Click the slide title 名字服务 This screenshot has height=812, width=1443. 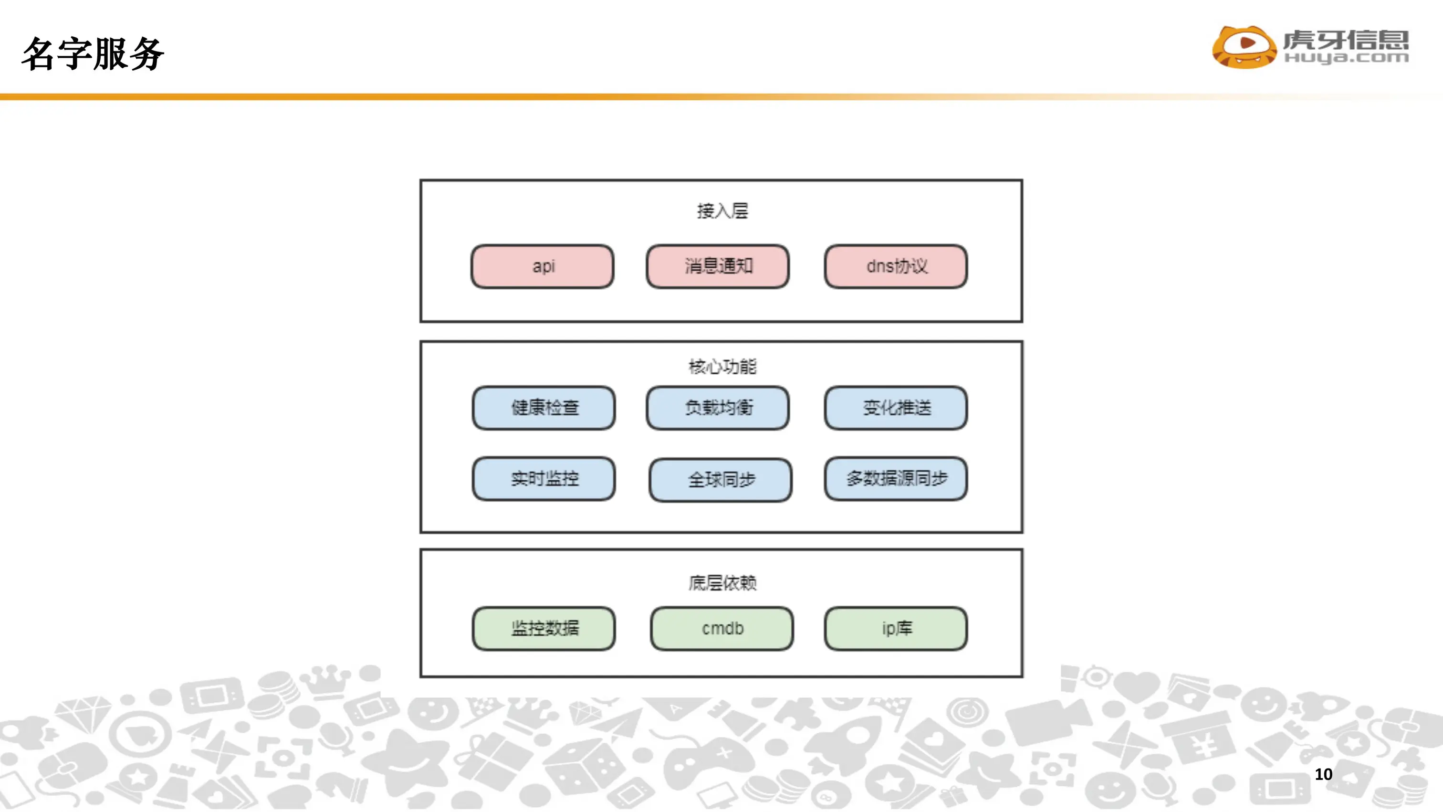tap(93, 54)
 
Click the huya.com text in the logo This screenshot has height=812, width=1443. tap(1346, 58)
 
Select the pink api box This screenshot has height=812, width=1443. tap(542, 266)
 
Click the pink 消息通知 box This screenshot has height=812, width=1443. tap(718, 266)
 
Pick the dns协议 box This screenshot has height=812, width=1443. tap(896, 266)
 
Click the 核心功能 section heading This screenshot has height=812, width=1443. tap(722, 367)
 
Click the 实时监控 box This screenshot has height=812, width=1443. tap(544, 479)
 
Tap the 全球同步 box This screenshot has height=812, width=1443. tap(721, 480)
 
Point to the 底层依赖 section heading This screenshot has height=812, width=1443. tap(722, 583)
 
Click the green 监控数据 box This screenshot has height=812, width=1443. tap(544, 628)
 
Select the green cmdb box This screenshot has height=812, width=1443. tap(721, 628)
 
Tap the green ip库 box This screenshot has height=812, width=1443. tap(896, 628)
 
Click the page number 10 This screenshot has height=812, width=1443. tap(1323, 774)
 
